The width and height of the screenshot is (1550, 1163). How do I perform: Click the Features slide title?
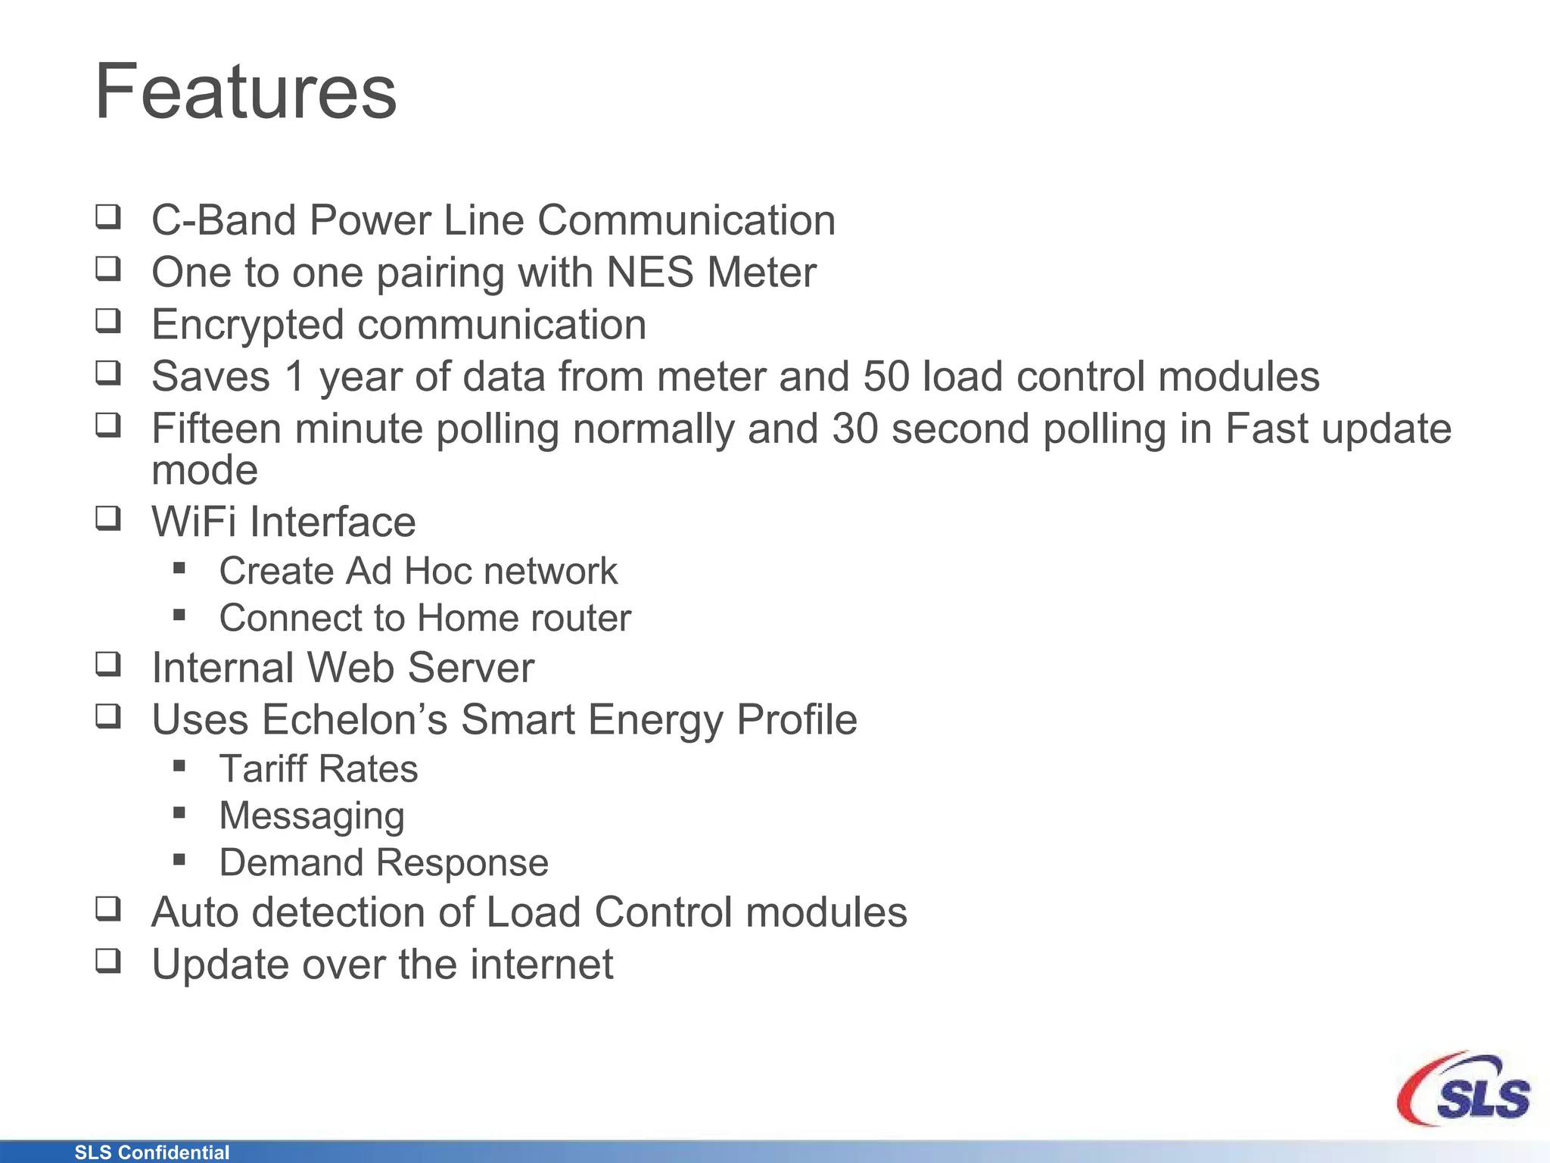point(245,92)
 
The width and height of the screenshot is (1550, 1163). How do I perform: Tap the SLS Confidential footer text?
point(151,1152)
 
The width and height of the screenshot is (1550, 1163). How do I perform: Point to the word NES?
point(650,273)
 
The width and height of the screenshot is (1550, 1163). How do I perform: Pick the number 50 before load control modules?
point(886,376)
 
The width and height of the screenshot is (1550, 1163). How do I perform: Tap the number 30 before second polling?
point(855,429)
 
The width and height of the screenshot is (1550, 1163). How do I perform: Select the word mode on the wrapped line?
point(204,471)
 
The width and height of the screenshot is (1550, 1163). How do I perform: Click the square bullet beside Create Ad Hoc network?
point(179,568)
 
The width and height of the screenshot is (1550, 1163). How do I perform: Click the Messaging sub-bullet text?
point(312,816)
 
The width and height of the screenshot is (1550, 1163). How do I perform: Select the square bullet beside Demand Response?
point(179,859)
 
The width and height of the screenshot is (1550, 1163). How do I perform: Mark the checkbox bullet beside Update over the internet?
point(108,961)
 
